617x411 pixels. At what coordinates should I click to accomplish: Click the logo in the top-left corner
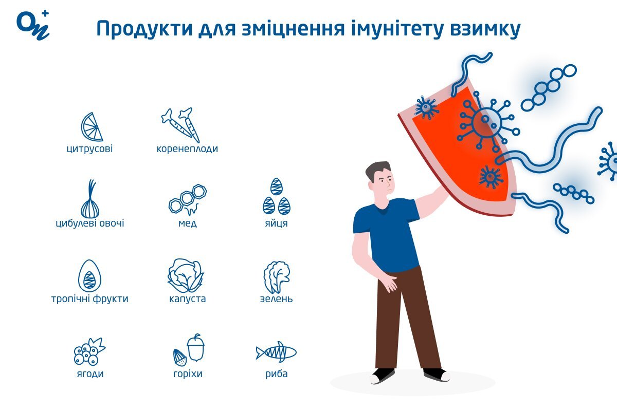coord(33,26)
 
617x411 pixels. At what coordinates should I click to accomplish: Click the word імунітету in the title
coord(397,29)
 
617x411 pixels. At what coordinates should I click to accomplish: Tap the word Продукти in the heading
coord(144,29)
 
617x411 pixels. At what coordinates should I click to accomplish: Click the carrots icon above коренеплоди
coord(181,125)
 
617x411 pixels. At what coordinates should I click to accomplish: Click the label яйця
coord(276,223)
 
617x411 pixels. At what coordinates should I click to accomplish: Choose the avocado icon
coord(89,276)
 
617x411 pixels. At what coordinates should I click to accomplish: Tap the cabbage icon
coord(186,275)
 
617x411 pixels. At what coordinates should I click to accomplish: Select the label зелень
coord(276,298)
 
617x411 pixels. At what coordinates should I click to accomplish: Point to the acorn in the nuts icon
coord(196,347)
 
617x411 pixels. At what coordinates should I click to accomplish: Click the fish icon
coord(276,352)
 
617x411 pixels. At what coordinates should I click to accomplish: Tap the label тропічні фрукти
coord(90,299)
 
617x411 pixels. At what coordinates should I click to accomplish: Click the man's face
coord(384,182)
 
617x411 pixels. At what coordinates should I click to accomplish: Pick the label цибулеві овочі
coord(90,223)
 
